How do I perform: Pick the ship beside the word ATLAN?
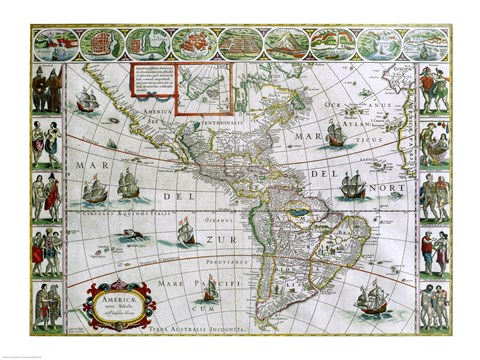tap(336, 134)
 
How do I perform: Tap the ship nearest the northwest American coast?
tap(87, 100)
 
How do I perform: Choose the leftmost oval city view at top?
tap(56, 44)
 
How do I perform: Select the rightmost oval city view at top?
tap(429, 44)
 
